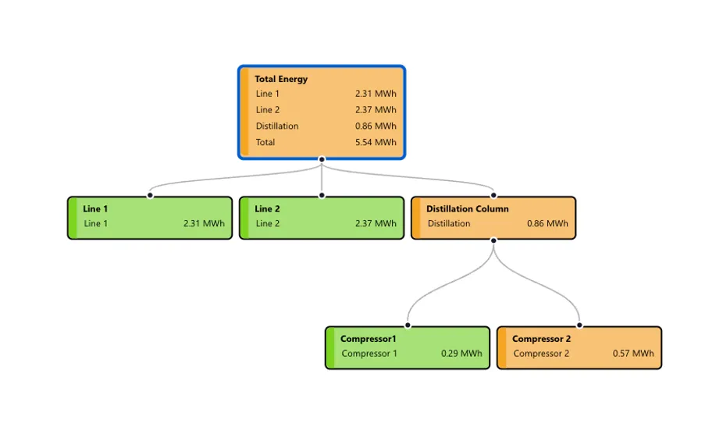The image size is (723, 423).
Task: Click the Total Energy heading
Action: coord(281,79)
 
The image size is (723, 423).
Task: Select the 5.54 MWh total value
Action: coord(376,142)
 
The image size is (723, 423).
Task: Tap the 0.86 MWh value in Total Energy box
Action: coord(376,126)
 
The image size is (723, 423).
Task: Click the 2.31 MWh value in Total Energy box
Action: coord(376,94)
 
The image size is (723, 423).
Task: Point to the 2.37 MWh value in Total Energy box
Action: coord(376,110)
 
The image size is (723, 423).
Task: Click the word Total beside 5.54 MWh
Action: coord(265,142)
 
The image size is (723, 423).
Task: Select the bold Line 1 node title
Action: coord(95,208)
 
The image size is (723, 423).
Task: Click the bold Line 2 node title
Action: coord(267,208)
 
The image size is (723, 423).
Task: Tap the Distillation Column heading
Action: coord(467,208)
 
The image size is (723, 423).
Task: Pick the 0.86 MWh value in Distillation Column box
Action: coord(547,223)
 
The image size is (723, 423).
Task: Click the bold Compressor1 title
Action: coord(368,339)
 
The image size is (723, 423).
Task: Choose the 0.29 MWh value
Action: coord(461,354)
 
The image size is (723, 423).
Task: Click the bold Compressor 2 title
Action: coord(541,339)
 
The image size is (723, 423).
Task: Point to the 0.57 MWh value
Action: coord(633,354)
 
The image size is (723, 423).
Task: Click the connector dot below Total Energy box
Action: coord(322,159)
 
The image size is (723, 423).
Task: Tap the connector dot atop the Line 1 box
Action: coord(150,195)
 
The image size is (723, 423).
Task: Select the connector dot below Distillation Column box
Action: coord(493,240)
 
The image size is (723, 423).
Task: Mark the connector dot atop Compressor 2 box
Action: coord(579,325)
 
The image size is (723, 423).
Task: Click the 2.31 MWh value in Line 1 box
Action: coord(204,223)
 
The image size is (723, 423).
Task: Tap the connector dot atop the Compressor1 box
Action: coord(408,325)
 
